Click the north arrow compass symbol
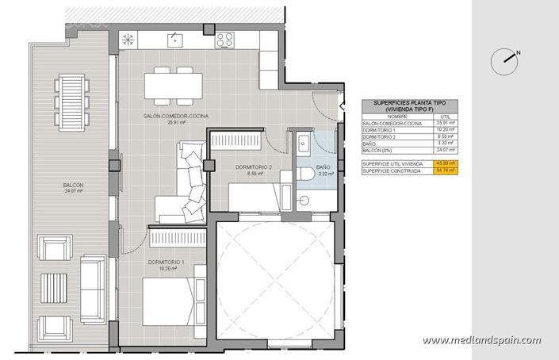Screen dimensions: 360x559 point(503,58)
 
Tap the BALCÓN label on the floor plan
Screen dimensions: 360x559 point(74,187)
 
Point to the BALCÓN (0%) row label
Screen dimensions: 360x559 point(377,150)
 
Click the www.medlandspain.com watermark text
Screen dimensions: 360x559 point(482,340)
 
